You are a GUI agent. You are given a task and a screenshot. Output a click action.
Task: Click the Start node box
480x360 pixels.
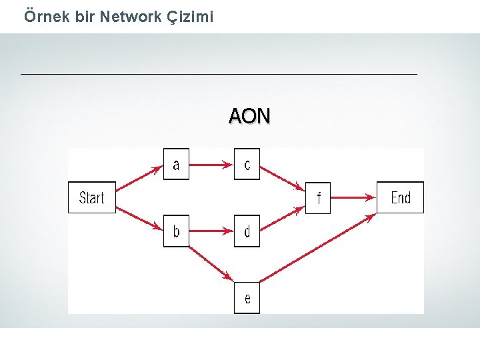pyautogui.click(x=91, y=197)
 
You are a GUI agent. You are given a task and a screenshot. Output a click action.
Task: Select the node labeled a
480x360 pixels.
pyautogui.click(x=176, y=164)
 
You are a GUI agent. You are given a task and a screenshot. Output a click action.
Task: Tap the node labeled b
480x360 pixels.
pyautogui.click(x=176, y=231)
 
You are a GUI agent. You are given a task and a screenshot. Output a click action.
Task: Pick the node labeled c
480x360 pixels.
pyautogui.click(x=247, y=164)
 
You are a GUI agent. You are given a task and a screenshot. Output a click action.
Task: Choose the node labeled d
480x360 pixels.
pyautogui.click(x=247, y=231)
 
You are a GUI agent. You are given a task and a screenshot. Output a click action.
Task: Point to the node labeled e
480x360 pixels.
pyautogui.click(x=247, y=298)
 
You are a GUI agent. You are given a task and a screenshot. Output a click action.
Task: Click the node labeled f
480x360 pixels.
pyautogui.click(x=318, y=197)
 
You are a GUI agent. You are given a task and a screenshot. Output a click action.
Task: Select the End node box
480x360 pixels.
pyautogui.click(x=400, y=197)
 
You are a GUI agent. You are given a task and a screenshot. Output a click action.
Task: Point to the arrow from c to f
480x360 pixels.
pyautogui.click(x=281, y=178)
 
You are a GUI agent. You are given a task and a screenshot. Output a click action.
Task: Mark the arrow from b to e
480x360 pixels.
pyautogui.click(x=211, y=262)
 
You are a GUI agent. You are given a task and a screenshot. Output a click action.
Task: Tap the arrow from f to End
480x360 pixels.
pyautogui.click(x=353, y=197)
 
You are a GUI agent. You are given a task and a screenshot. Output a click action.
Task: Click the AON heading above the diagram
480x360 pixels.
pyautogui.click(x=249, y=117)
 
